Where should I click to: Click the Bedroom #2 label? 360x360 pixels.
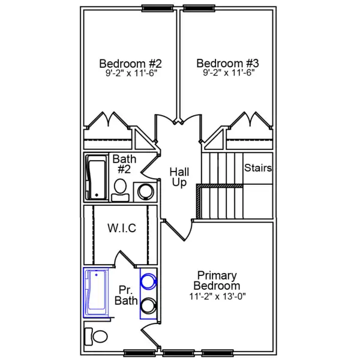130,64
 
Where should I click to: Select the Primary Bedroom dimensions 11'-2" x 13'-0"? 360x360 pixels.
218,296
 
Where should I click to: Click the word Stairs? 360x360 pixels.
258,168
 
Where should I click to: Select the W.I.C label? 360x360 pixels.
121,229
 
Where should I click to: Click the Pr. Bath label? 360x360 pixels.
127,295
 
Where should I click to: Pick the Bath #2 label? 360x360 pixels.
124,164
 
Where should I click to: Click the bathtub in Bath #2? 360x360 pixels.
96,178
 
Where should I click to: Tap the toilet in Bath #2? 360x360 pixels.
121,189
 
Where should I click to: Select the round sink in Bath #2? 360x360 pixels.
146,191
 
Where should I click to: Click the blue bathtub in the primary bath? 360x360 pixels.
96,292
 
